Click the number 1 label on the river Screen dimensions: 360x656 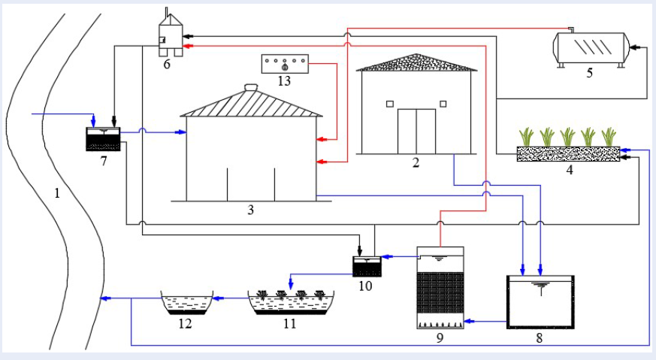56,192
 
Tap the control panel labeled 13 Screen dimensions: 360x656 285,64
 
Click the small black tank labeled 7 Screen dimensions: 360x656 103,139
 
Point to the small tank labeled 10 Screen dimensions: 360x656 367,265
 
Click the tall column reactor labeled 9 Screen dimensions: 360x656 440,288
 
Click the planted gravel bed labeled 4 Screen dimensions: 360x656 569,153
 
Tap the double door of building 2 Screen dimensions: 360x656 416,131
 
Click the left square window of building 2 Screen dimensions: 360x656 390,104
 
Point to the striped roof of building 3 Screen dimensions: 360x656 252,104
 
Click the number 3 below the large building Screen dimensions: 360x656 251,210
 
